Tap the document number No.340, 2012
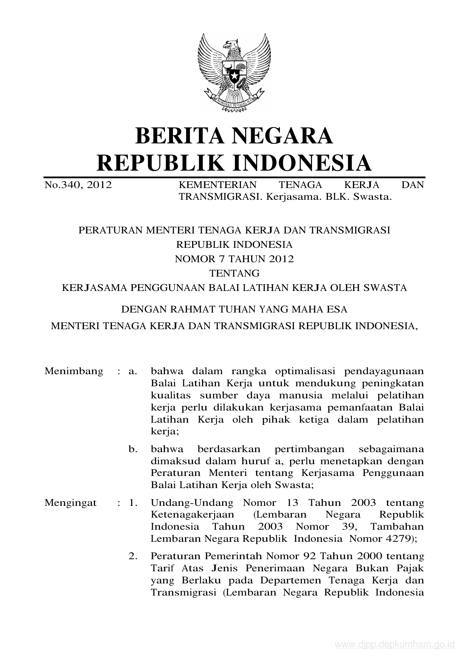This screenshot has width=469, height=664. (x=78, y=185)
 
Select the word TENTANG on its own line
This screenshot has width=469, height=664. (x=234, y=273)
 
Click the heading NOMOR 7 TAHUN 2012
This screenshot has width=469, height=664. (x=234, y=259)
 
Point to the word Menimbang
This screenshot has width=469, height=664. (x=74, y=371)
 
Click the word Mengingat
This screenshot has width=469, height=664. (x=71, y=503)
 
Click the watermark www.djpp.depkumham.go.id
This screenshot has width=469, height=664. (x=395, y=645)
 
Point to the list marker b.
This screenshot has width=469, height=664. (x=132, y=449)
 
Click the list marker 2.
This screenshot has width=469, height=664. (x=132, y=556)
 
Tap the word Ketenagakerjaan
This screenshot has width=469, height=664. (x=193, y=515)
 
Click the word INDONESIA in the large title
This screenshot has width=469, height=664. (x=301, y=163)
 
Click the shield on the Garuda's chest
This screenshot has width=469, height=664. (x=234, y=73)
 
